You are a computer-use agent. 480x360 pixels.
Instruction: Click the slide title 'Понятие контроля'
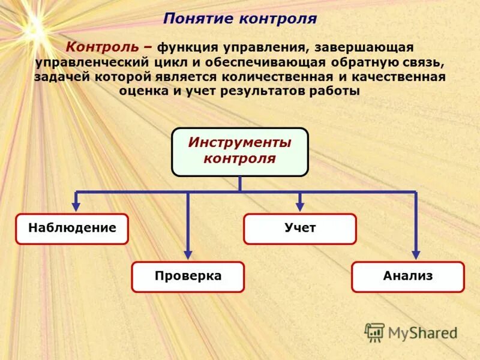click(240, 19)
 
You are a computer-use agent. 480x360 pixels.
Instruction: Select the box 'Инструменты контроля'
click(239, 152)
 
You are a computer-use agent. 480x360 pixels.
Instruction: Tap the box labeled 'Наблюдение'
click(72, 229)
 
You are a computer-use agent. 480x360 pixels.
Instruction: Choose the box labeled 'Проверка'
click(188, 277)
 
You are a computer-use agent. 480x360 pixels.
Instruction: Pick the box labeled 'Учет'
click(299, 229)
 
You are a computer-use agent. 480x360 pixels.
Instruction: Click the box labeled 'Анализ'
click(407, 277)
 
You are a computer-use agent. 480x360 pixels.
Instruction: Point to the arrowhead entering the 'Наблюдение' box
click(76, 206)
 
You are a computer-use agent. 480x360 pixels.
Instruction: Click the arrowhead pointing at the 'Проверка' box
click(188, 254)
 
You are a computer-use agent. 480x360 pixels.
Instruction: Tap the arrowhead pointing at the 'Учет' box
click(300, 206)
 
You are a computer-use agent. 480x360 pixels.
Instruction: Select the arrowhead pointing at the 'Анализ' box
click(416, 254)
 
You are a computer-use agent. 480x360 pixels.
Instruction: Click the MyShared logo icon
click(374, 332)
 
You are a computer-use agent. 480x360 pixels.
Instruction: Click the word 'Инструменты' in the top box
click(239, 143)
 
